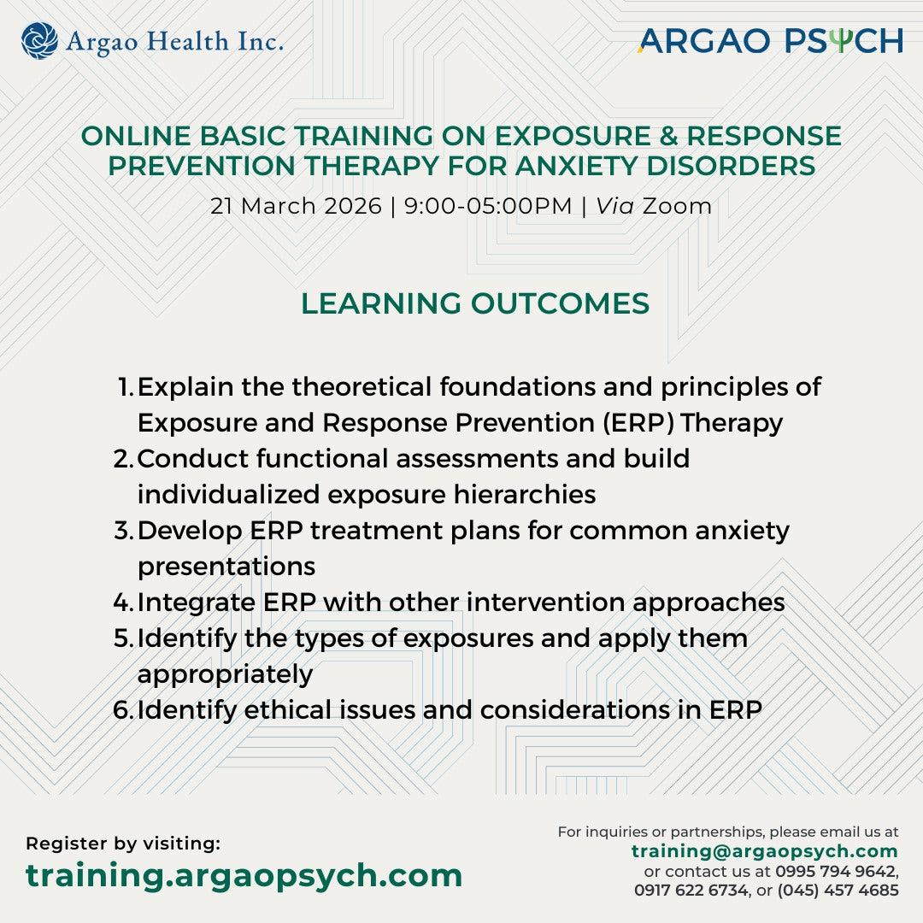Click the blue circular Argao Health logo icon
[39, 40]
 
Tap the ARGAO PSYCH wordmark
[770, 40]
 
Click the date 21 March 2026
[296, 206]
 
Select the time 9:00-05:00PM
[487, 206]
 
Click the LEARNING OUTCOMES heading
[474, 303]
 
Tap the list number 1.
[125, 387]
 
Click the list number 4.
[122, 603]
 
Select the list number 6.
[122, 710]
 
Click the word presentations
[226, 567]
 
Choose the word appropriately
[225, 674]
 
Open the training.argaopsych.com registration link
[244, 875]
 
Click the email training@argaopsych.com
[764, 851]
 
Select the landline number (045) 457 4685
[838, 891]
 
